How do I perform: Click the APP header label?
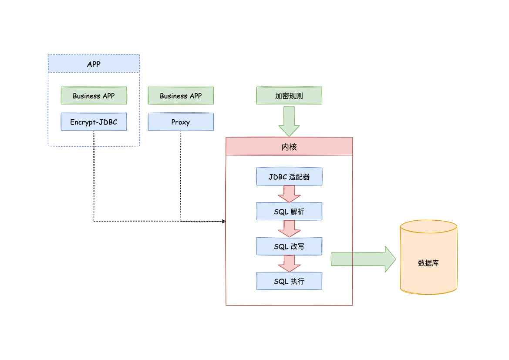94,64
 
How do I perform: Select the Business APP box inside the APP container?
94,96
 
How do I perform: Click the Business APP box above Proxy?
181,96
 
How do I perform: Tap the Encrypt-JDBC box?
94,122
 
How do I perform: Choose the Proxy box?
181,122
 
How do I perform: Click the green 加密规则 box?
289,96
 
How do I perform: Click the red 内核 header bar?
289,147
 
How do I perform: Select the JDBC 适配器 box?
289,177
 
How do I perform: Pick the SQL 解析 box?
289,212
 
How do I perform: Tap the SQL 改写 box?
289,246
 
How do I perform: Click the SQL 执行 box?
289,281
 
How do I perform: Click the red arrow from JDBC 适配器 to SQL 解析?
289,194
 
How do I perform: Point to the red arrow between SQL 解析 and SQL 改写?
289,229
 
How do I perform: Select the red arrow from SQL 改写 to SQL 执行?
289,263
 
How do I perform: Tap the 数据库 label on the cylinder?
428,263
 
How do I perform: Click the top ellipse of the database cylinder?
428,227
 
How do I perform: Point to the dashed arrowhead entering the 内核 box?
224,221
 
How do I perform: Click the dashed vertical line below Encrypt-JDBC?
94,174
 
